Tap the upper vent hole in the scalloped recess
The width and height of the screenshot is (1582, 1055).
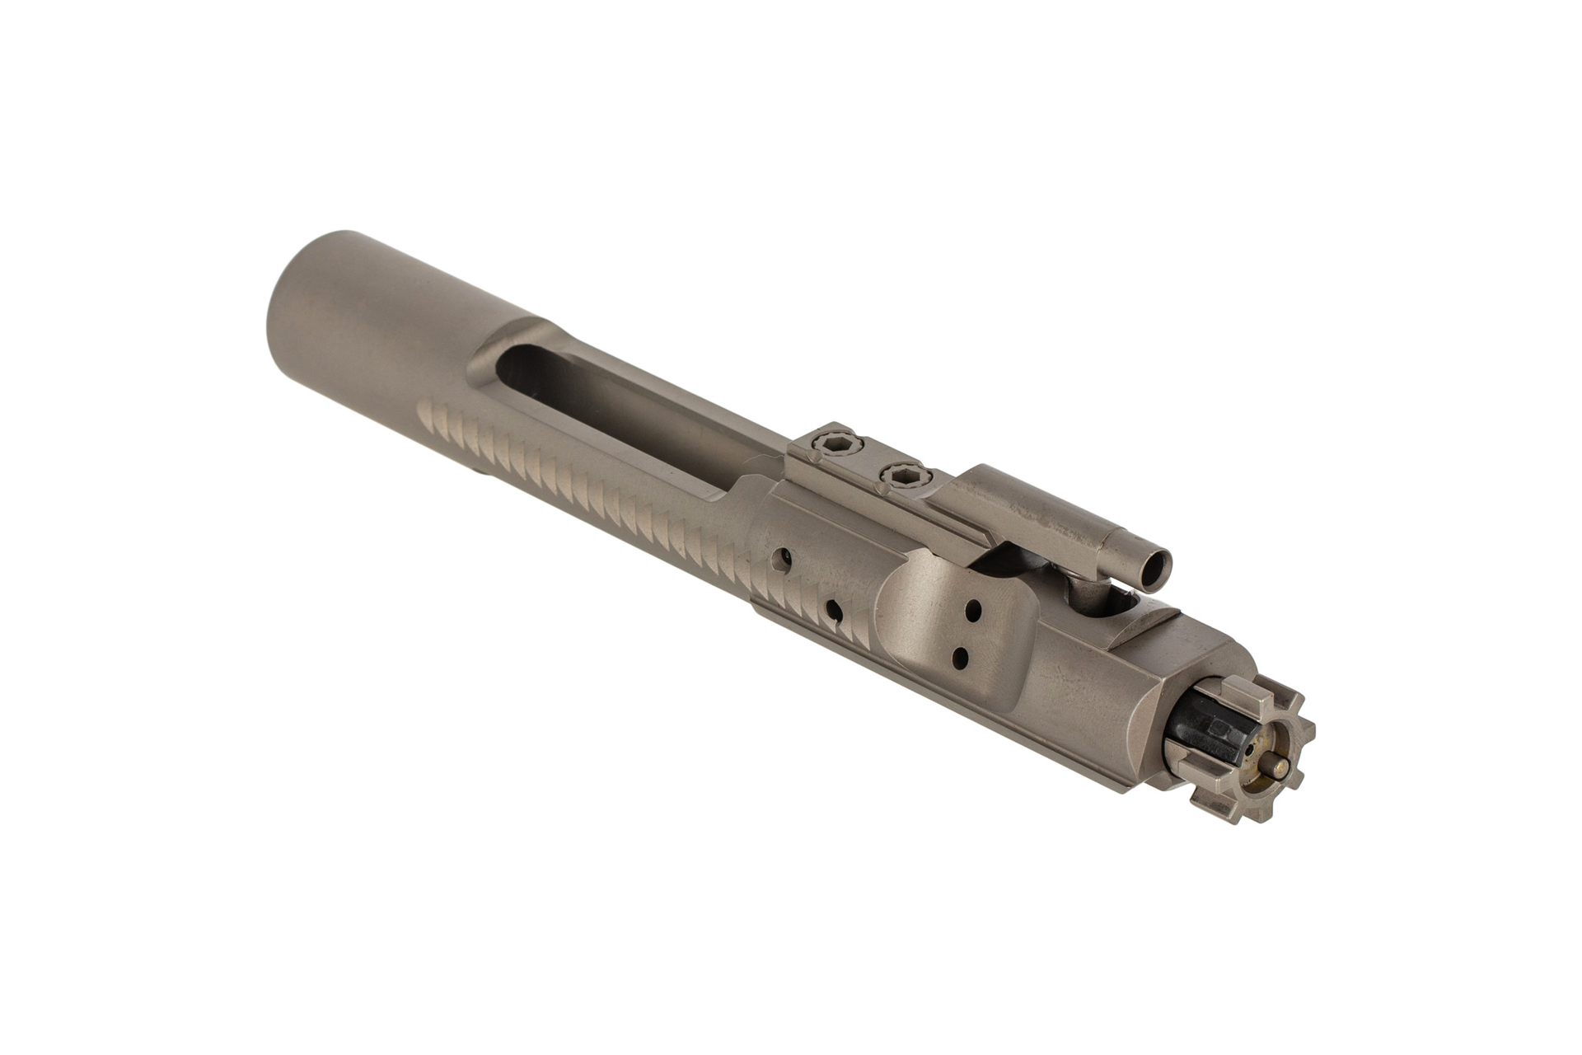click(975, 612)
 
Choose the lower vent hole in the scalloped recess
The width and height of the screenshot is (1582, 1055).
click(960, 658)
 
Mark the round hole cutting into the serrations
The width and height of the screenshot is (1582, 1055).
click(835, 612)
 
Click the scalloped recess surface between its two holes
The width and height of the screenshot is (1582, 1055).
click(967, 635)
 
